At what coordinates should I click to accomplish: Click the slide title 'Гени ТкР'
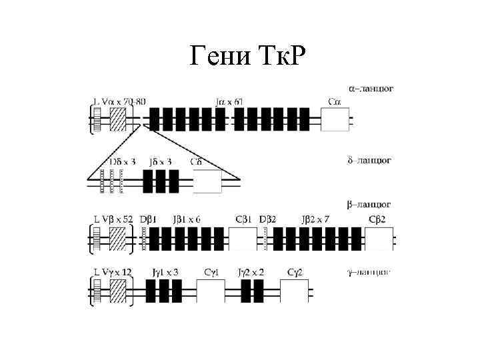click(246, 58)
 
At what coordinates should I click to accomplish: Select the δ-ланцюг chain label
click(370, 161)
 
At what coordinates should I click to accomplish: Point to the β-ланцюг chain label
click(371, 203)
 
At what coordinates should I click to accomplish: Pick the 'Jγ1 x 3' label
click(163, 272)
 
